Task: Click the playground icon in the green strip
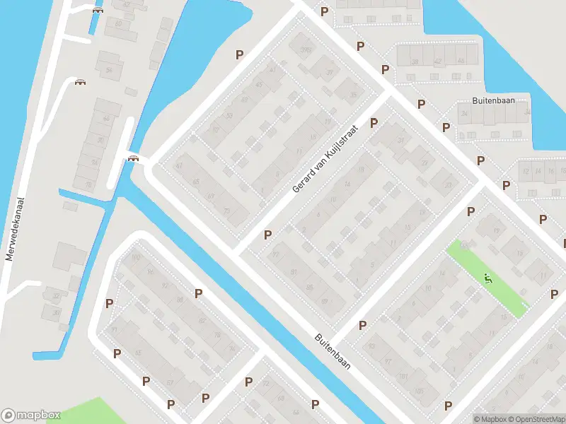click(x=487, y=279)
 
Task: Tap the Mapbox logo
click(x=31, y=415)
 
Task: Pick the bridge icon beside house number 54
click(x=81, y=82)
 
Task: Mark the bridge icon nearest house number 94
click(x=132, y=158)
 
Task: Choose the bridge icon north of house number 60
click(x=98, y=10)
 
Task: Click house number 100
click(x=136, y=257)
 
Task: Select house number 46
click(x=461, y=61)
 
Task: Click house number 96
click(x=149, y=271)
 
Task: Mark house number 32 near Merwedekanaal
click(x=56, y=296)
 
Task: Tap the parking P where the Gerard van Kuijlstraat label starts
click(x=267, y=235)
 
